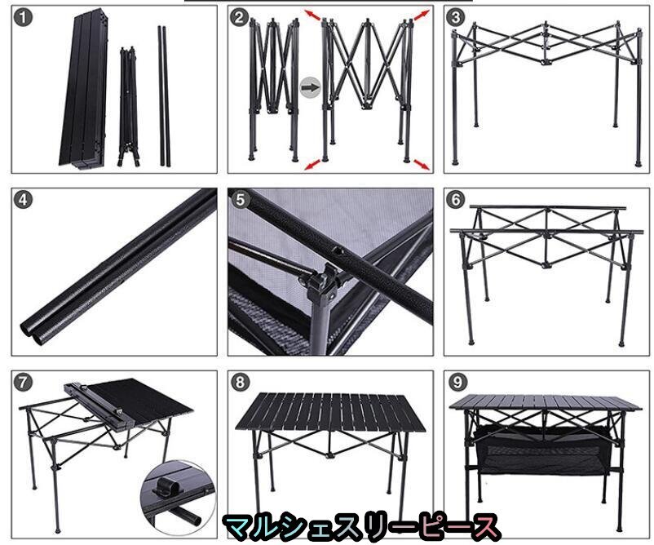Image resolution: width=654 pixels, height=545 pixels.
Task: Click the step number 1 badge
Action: (23, 18)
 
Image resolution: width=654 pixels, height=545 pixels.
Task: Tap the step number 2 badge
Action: (240, 18)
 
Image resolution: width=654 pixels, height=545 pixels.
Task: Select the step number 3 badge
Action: (456, 17)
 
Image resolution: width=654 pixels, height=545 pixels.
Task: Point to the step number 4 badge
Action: (23, 200)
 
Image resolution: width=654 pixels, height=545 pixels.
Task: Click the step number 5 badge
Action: (241, 200)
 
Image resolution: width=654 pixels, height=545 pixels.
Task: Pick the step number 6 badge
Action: (456, 200)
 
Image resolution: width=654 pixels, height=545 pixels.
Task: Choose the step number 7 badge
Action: (23, 383)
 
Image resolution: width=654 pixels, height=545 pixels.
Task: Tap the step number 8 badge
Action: (241, 383)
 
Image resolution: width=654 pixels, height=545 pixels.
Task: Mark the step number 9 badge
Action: (457, 383)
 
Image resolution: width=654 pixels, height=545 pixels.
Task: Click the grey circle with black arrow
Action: (311, 87)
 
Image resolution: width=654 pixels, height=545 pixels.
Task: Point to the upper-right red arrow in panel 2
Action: (422, 14)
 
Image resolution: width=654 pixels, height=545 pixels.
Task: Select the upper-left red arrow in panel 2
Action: (312, 15)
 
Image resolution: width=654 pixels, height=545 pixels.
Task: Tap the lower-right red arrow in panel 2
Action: (422, 165)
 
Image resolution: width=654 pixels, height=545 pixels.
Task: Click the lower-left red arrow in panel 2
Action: (312, 165)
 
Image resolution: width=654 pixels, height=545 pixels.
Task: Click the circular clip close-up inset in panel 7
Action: (179, 497)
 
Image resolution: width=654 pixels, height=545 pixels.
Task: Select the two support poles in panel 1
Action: (164, 96)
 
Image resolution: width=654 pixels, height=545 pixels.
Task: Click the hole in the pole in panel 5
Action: (337, 251)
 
